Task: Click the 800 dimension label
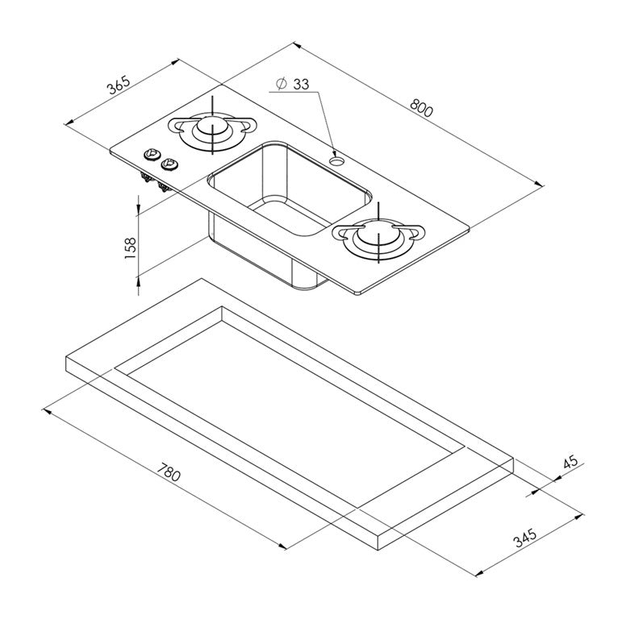(421, 108)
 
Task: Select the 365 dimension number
(119, 85)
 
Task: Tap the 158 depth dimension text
(131, 247)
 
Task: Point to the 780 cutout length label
(169, 472)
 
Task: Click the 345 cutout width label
(524, 538)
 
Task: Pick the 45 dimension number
(570, 462)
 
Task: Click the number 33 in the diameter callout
(301, 84)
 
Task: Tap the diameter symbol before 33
(281, 84)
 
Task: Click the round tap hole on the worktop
(336, 160)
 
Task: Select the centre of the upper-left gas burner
(212, 127)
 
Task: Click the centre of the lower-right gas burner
(378, 235)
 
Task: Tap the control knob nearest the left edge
(152, 154)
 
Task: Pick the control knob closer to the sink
(169, 163)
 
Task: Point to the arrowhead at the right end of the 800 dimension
(540, 184)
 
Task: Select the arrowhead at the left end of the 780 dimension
(47, 411)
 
